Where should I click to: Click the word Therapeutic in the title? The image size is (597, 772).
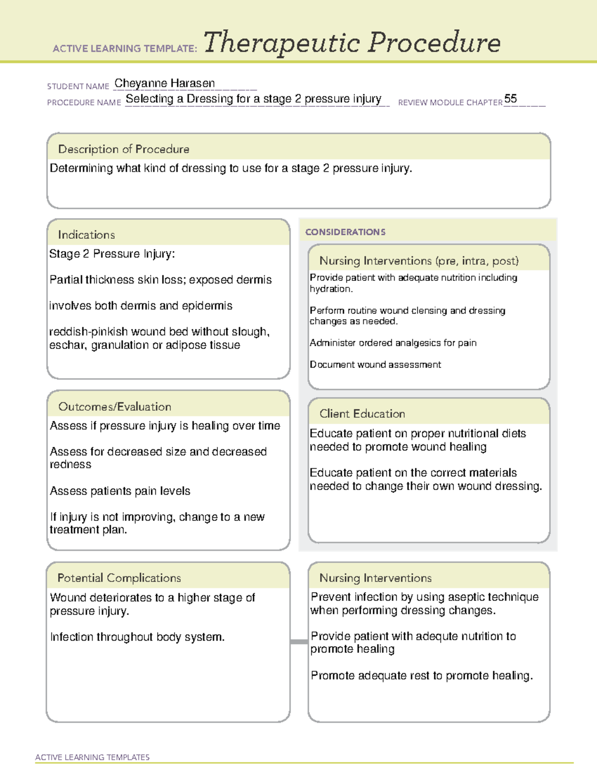click(282, 43)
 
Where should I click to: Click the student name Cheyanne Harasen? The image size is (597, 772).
click(165, 84)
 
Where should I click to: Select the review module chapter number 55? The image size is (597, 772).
click(510, 98)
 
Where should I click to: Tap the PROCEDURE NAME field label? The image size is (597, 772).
click(84, 102)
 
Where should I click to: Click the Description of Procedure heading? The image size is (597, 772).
click(123, 149)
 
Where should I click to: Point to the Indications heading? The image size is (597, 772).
click(86, 235)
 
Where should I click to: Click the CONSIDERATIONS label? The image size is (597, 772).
click(345, 232)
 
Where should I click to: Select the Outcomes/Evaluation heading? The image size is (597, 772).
click(114, 407)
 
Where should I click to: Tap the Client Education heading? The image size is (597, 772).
click(362, 414)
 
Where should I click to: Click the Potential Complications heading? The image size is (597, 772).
click(119, 578)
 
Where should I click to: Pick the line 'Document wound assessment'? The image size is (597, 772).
click(375, 365)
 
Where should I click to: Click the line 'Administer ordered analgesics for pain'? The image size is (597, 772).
click(393, 343)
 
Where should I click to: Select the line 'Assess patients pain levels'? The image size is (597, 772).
click(120, 491)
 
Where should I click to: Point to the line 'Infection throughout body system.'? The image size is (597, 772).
click(137, 637)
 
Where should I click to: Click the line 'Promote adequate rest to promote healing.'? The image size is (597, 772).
click(421, 676)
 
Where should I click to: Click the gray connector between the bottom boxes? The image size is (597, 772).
click(299, 642)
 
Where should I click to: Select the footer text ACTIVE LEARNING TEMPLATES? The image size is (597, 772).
click(92, 757)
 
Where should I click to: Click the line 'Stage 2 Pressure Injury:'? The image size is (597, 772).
click(112, 254)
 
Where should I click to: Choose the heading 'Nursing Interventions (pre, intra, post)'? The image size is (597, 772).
click(419, 261)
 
